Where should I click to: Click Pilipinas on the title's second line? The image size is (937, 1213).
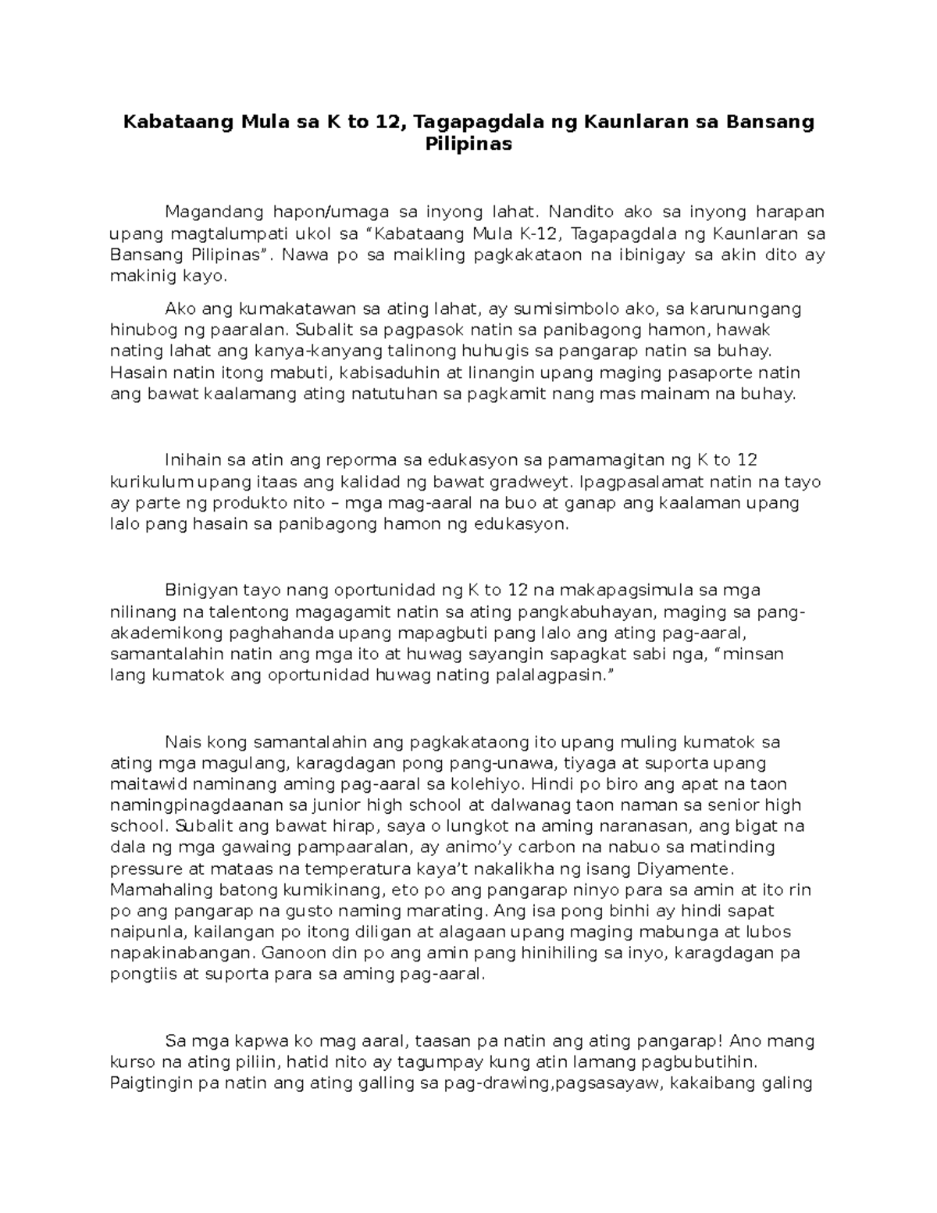tap(468, 144)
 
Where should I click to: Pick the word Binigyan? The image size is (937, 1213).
tap(196, 590)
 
